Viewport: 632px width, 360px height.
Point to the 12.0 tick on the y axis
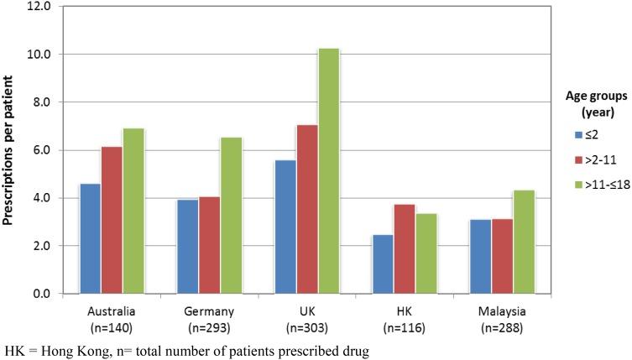click(39, 7)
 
